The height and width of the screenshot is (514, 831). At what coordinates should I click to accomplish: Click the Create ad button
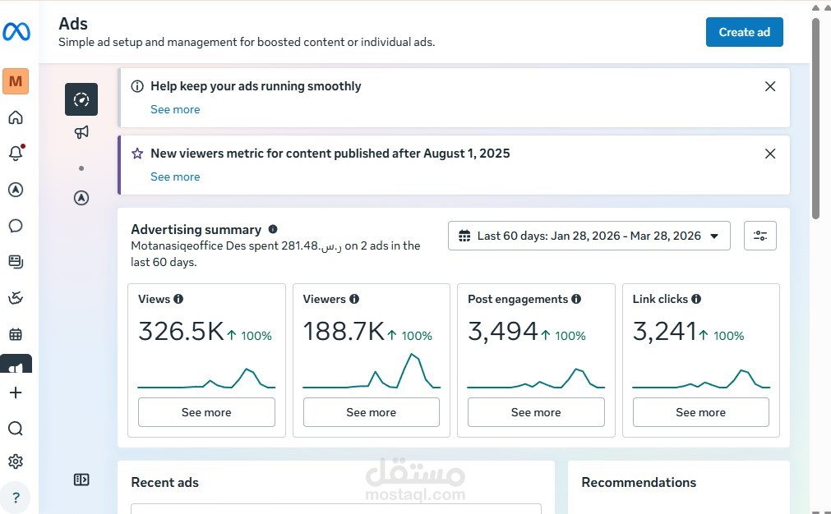tap(744, 32)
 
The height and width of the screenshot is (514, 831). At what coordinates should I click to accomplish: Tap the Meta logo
tap(16, 32)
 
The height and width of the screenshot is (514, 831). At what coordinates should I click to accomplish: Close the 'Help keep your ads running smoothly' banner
tap(770, 86)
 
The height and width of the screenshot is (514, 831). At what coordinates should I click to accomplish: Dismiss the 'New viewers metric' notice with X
tap(770, 154)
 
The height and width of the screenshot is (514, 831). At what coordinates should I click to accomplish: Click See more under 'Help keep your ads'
tap(175, 109)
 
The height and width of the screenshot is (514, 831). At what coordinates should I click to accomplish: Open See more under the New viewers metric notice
tap(175, 177)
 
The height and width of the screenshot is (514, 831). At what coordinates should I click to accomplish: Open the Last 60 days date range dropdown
tap(589, 236)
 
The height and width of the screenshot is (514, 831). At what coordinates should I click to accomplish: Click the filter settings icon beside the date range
tap(760, 236)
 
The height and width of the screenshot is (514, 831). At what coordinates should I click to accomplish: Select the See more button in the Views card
tap(206, 412)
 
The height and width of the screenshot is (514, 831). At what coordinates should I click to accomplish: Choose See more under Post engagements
tap(536, 412)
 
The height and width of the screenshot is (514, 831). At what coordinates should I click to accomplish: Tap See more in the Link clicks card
tap(700, 412)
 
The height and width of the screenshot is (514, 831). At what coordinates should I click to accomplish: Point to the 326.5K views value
tap(181, 332)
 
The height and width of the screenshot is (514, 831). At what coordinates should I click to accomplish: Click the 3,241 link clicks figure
tap(664, 332)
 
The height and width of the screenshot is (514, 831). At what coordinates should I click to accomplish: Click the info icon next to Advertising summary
tap(273, 230)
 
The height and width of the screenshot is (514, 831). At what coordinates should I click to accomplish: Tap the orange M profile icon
tap(16, 81)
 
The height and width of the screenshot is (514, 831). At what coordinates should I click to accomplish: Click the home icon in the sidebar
tap(16, 117)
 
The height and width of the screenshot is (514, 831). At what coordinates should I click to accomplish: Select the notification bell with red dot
tap(16, 153)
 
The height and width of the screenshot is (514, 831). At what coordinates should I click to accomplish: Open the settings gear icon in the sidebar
tap(16, 461)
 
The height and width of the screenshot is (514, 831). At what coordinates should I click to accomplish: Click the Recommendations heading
tap(639, 482)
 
